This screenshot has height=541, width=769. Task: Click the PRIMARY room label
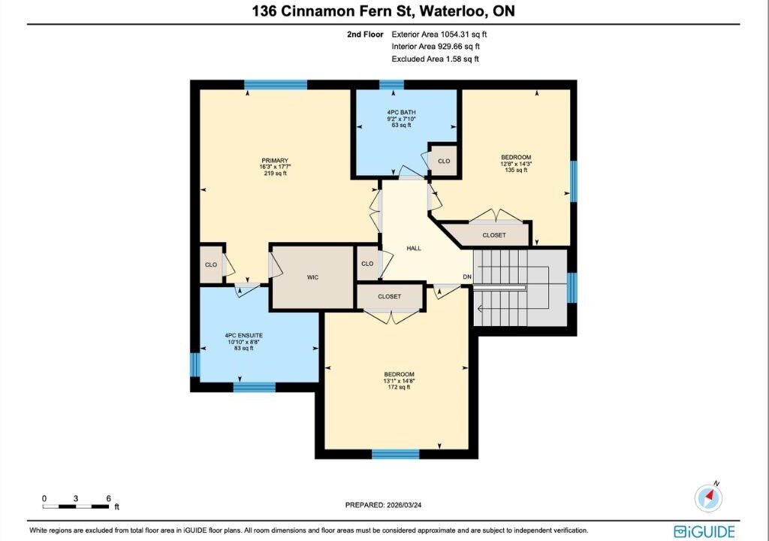pos(275,161)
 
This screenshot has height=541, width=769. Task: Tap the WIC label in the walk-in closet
pos(313,277)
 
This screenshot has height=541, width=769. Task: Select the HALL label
pos(414,249)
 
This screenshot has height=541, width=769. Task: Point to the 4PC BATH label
pos(401,113)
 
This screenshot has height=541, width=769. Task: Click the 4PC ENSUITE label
pos(244,335)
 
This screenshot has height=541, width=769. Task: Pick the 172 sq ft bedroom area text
pos(400,387)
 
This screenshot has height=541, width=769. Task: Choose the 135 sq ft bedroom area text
pos(516,171)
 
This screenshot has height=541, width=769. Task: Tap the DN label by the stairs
pos(467,277)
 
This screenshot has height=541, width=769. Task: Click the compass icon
pos(709,497)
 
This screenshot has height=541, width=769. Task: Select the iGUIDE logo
pos(704,531)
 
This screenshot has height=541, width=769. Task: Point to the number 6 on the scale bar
pos(108,498)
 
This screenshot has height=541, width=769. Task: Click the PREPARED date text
pos(384,505)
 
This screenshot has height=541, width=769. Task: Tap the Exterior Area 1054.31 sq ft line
pos(439,35)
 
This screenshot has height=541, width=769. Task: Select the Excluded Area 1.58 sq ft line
pos(435,59)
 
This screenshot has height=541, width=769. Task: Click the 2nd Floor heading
pos(365,35)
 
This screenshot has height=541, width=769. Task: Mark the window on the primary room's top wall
pos(276,84)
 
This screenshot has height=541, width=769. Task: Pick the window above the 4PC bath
pos(391,84)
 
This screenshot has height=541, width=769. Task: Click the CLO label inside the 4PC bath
pos(444,161)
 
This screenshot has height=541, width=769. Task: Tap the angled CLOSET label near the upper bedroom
pos(494,235)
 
